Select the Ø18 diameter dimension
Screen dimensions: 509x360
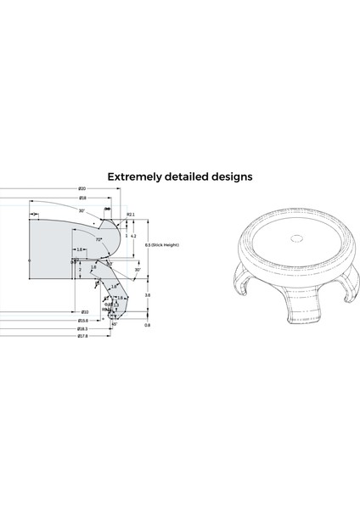[x=83, y=197]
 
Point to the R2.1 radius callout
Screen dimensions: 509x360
[x=132, y=215]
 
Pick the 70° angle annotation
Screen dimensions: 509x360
[x=98, y=240]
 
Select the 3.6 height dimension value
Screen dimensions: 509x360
[x=148, y=294]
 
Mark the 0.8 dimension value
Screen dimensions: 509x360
[x=148, y=325]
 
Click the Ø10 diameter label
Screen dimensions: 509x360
[x=85, y=312]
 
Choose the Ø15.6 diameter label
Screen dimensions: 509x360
[x=83, y=321]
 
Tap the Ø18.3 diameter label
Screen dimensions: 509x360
[x=83, y=328]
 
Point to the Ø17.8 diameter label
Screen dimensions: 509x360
[x=83, y=336]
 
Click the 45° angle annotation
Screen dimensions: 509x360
[x=115, y=322]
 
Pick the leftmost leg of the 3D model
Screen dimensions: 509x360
[x=241, y=285]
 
